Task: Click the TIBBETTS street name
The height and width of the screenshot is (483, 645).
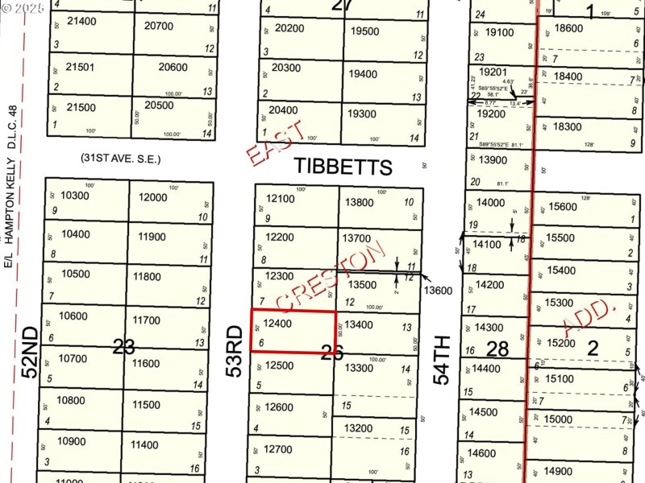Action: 343,167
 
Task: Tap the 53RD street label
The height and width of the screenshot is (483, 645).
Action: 235,351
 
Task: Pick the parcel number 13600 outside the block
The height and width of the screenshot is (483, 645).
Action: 439,291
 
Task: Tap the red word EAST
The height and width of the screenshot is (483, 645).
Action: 276,144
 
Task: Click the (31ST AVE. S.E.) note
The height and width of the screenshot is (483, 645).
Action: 120,159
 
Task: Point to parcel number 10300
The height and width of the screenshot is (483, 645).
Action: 75,196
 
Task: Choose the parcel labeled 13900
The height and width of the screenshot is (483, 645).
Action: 492,160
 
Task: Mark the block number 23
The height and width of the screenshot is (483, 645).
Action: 123,347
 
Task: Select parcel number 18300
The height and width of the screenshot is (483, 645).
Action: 568,127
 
